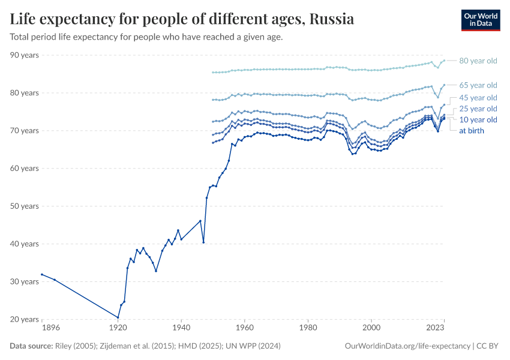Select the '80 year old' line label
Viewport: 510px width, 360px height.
[478, 61]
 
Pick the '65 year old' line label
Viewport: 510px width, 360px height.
[478, 85]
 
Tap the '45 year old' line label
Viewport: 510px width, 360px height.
[478, 98]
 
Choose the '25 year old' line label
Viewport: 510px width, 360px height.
[478, 109]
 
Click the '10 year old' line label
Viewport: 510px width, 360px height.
[478, 120]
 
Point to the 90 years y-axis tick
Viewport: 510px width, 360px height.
[25, 55]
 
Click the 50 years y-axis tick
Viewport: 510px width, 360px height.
[25, 206]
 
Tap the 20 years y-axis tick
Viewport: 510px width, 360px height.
[25, 320]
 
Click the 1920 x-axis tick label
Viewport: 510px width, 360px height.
[118, 328]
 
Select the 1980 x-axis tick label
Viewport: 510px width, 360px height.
[308, 328]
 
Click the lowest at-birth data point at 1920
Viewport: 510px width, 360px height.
[118, 317]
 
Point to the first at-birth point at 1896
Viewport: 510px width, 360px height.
[42, 274]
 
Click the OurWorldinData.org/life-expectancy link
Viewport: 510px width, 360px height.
[408, 346]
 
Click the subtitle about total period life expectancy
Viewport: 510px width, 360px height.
[146, 37]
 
